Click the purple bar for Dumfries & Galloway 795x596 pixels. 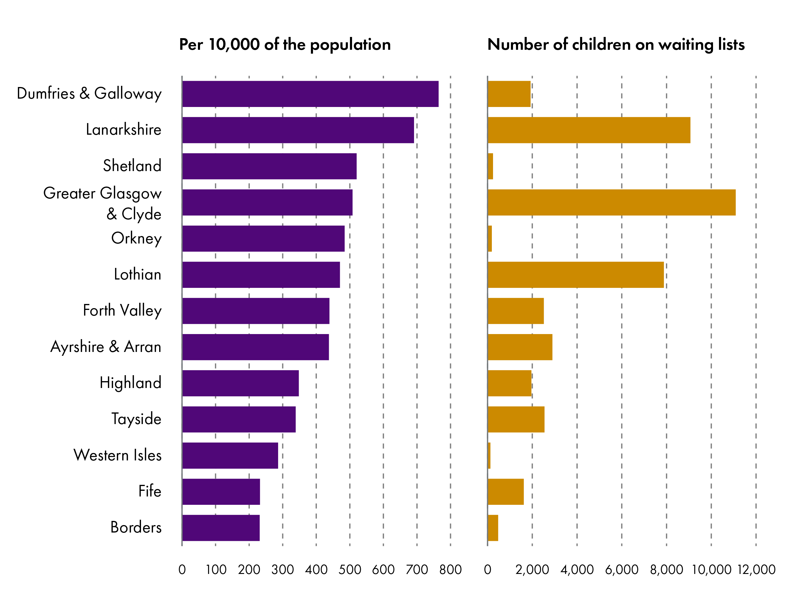tap(310, 94)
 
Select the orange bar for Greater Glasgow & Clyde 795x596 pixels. tap(611, 202)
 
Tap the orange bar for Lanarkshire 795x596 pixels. tap(589, 130)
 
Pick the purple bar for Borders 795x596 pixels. tap(221, 528)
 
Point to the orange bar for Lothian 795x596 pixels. tap(575, 274)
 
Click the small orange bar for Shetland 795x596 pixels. tap(490, 166)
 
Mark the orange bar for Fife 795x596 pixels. tap(505, 491)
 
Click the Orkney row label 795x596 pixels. tap(136, 238)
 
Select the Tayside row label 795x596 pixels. tap(136, 419)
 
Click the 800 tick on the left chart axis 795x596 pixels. tap(450, 569)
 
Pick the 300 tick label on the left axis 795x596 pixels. tap(283, 569)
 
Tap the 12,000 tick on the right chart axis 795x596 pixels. tap(756, 569)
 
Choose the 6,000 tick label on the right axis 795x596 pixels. tap(622, 569)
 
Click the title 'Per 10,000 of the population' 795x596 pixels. tap(285, 44)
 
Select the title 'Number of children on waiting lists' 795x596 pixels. tap(616, 44)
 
